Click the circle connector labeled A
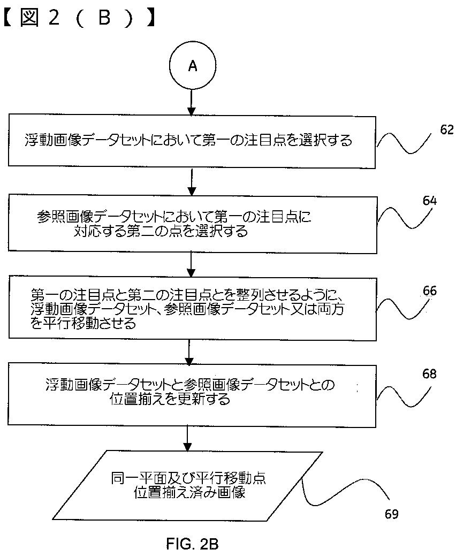click(192, 66)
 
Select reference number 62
click(447, 129)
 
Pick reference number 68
click(430, 374)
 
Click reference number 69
click(392, 514)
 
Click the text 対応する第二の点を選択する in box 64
click(161, 232)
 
